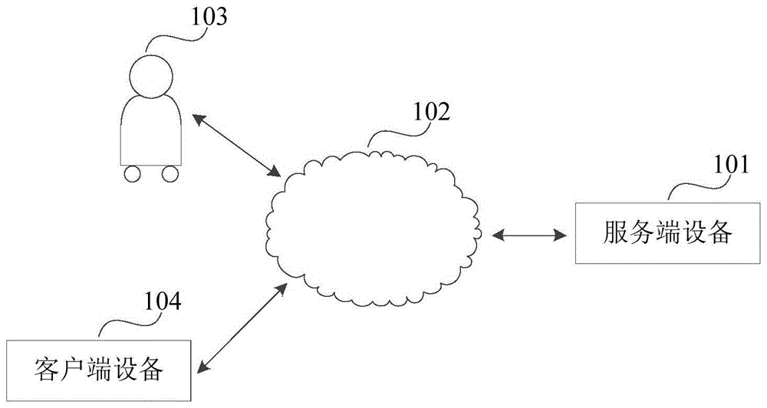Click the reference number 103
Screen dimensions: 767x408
[209, 17]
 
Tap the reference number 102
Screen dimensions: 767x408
[431, 112]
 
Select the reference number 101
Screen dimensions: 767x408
[731, 165]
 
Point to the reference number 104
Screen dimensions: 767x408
[162, 301]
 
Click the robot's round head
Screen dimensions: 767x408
[151, 77]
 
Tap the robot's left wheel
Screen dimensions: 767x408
[132, 173]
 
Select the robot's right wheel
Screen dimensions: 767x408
[170, 173]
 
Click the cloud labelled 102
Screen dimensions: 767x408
[373, 227]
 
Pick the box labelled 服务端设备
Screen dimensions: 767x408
[668, 233]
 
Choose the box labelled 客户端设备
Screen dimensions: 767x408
[98, 370]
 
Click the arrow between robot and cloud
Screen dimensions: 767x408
[236, 145]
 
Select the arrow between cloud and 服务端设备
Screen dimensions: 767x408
[528, 235]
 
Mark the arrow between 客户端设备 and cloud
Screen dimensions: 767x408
[242, 327]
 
